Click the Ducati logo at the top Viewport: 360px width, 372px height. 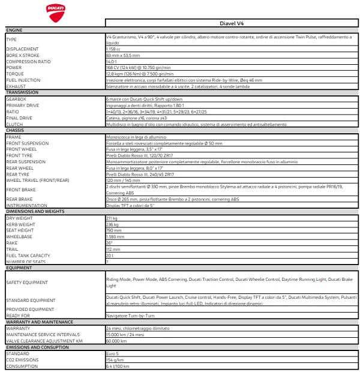pos(55,11)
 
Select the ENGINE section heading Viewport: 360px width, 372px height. pos(14,29)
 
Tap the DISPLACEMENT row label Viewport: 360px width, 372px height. pos(22,49)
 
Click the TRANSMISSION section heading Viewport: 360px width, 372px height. pos(22,92)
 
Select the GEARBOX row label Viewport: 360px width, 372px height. pos(16,99)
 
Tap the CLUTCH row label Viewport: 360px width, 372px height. pos(14,124)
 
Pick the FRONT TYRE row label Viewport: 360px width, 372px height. pos(20,155)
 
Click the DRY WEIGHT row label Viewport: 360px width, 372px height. pos(19,218)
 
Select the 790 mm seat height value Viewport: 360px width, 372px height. pos(113,230)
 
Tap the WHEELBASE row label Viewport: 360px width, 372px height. pos(19,236)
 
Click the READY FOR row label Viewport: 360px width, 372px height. pos(17,315)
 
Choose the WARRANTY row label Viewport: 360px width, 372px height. pos(18,328)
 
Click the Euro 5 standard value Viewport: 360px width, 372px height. pos(112,353)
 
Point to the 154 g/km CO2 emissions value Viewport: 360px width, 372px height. pos(114,359)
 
